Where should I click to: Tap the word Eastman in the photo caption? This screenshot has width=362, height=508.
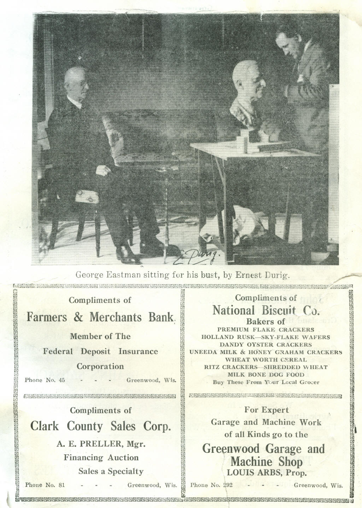pyautogui.click(x=123, y=275)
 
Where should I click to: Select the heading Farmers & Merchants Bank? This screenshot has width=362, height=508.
pyautogui.click(x=101, y=317)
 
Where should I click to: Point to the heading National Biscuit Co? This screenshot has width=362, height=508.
pyautogui.click(x=266, y=310)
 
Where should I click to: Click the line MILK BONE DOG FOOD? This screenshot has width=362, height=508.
pyautogui.click(x=266, y=374)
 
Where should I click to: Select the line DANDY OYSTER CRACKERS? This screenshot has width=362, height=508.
pyautogui.click(x=266, y=344)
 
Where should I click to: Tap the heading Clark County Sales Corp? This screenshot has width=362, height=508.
pyautogui.click(x=101, y=426)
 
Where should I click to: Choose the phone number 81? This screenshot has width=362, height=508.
pyautogui.click(x=61, y=485)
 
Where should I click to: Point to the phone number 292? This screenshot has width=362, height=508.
pyautogui.click(x=227, y=485)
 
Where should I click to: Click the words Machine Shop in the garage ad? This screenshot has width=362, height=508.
pyautogui.click(x=267, y=461)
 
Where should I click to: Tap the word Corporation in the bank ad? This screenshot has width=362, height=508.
pyautogui.click(x=100, y=366)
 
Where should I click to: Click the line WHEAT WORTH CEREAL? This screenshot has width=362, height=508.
pyautogui.click(x=266, y=360)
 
